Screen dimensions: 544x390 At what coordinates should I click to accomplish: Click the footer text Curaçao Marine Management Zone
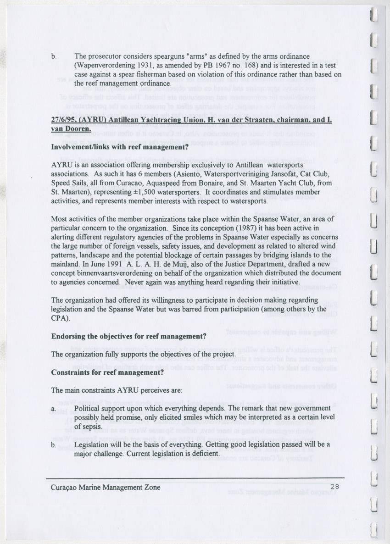click(106, 487)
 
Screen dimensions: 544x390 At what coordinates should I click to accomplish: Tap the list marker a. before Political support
click(54, 408)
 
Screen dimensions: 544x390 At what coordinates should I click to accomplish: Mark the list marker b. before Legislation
click(54, 445)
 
